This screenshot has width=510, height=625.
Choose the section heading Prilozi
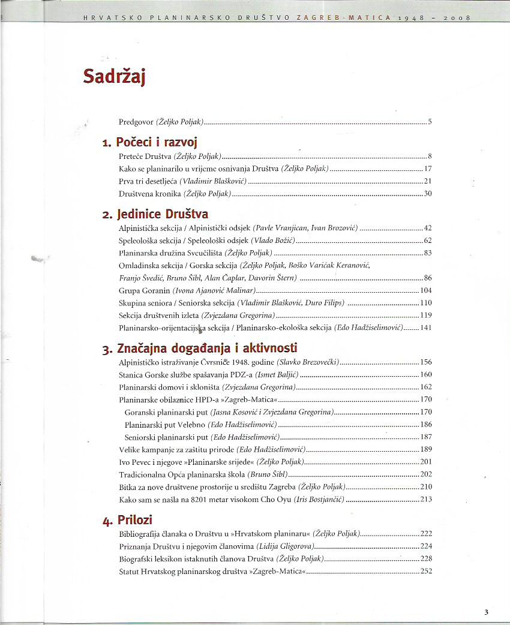tap(135, 519)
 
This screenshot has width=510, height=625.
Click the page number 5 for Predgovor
tap(430, 122)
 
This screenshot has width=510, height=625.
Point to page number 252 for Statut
tap(426, 571)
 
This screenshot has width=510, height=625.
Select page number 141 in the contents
tap(426, 328)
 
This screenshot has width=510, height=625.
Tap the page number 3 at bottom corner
tap(486, 612)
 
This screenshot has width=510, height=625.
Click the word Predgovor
tap(136, 122)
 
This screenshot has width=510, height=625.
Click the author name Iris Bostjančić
tap(319, 500)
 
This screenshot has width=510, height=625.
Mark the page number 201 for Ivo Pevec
tap(426, 462)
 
